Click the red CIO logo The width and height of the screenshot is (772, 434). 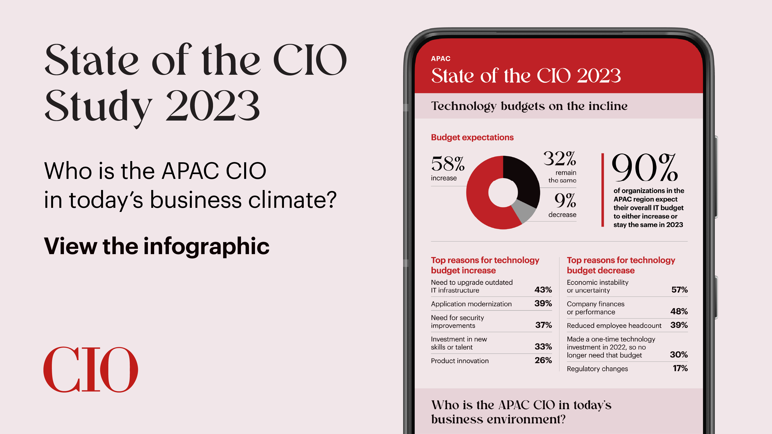90,369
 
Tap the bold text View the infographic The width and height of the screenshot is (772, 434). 156,246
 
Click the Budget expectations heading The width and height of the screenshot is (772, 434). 472,137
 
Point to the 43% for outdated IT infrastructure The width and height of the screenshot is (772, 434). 543,290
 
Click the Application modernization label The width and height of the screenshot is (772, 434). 471,304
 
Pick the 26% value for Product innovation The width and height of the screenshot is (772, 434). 543,360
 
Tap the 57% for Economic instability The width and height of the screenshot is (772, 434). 679,290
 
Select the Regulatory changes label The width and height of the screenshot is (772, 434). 597,369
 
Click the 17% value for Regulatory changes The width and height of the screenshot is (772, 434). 680,368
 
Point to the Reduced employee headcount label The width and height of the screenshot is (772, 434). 614,325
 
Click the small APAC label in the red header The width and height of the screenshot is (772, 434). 441,59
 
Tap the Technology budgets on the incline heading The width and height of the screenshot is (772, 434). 529,106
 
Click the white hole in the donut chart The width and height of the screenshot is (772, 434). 503,193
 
